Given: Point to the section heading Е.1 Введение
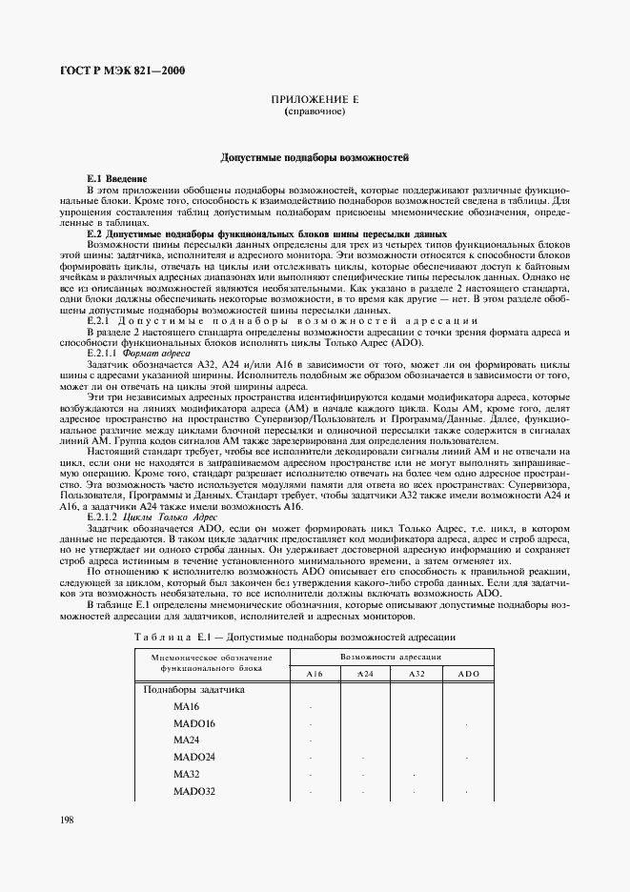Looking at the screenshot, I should tap(116, 179).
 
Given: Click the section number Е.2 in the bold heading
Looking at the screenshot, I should tap(94, 233).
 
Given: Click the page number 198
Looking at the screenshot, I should tap(70, 820).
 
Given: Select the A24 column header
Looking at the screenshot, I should tap(365, 674).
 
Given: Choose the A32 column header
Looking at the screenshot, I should tap(416, 674).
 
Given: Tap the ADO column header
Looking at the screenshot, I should tap(467, 674).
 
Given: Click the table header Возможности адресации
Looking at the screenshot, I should tap(391, 658).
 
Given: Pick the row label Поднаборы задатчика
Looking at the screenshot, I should tap(193, 689).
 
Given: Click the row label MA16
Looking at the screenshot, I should tap(187, 706).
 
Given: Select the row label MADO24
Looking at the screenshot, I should tap(194, 758).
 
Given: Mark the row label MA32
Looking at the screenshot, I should tap(187, 775).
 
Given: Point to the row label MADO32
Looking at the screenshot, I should tap(194, 792).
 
